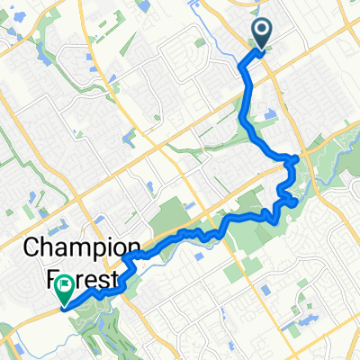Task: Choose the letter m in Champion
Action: (76, 247)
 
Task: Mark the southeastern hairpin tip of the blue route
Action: (296, 202)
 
